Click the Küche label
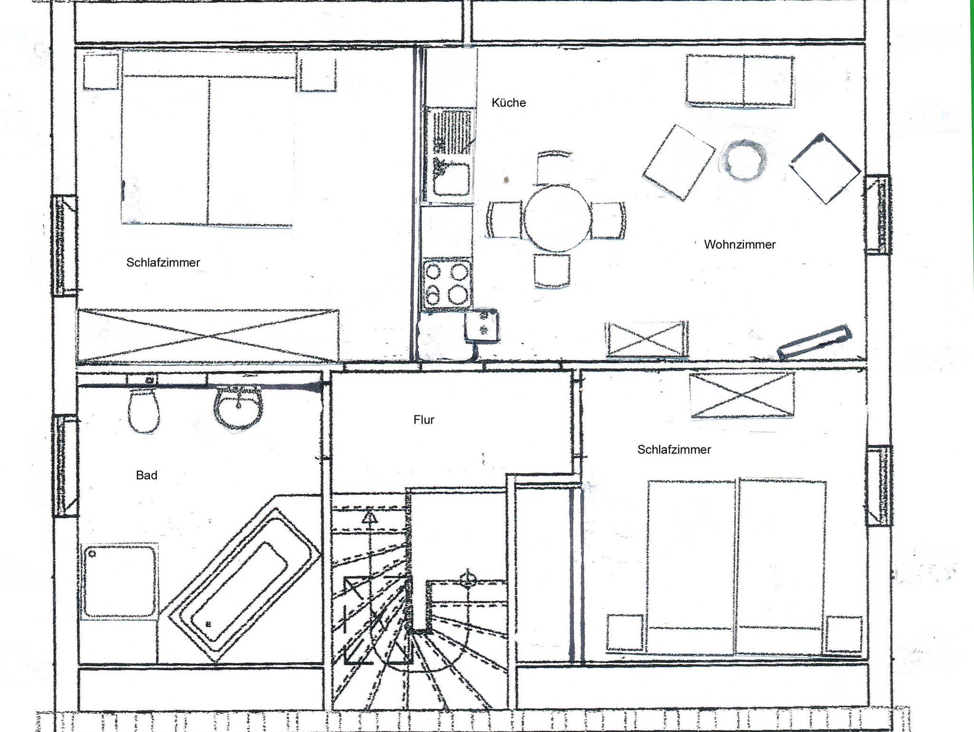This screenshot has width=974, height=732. (508, 102)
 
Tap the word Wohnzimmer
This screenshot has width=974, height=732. (740, 245)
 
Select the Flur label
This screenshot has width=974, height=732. (424, 420)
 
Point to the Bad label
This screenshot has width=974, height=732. (146, 475)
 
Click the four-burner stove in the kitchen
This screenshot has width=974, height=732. (446, 285)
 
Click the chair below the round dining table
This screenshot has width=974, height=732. (552, 271)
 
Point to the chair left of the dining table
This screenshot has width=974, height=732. (505, 219)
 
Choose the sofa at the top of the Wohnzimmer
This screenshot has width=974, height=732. (740, 80)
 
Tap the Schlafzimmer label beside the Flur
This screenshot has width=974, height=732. (674, 450)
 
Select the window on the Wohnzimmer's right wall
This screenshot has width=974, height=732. (877, 215)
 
